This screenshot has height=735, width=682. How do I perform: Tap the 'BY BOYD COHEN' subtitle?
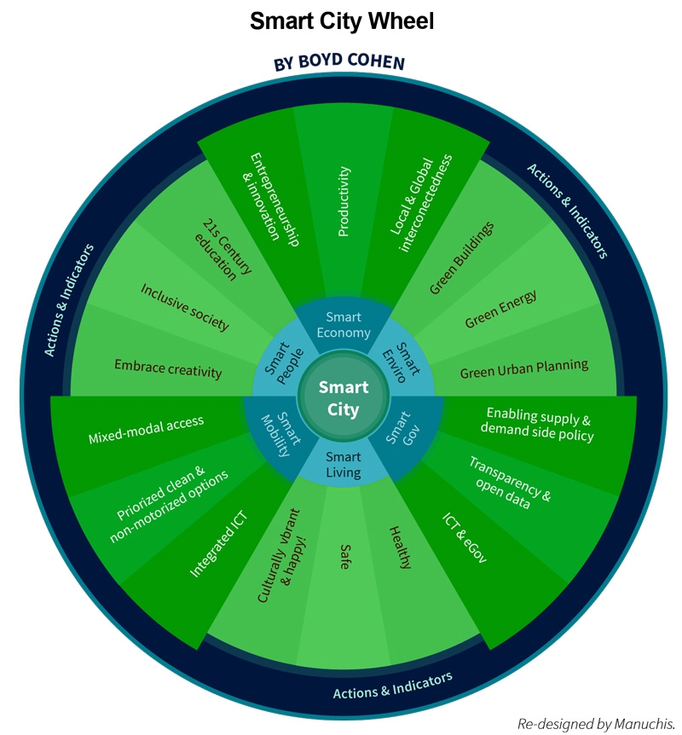pos(338,65)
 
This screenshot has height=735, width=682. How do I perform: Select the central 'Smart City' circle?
pos(344,398)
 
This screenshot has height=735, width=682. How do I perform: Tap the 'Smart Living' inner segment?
pos(343,465)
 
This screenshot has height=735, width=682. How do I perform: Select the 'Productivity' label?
pos(344,201)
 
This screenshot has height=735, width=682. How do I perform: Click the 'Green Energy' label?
pos(501,310)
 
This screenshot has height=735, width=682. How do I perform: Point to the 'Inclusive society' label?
pos(185,306)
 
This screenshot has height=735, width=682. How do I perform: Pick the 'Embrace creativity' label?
pos(168,369)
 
